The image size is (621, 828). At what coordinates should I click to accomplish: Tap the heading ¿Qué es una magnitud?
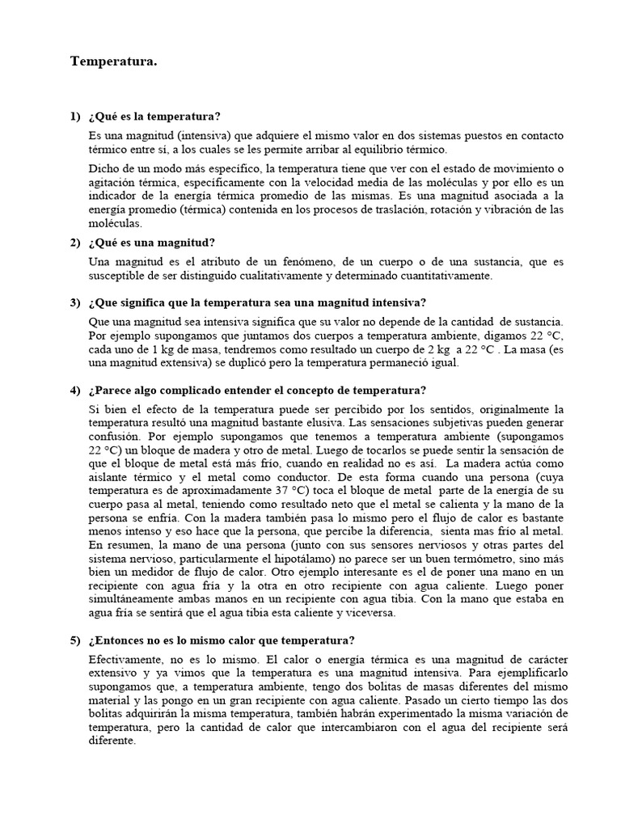coord(154,243)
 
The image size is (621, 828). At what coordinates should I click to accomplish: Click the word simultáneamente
coord(137,599)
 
